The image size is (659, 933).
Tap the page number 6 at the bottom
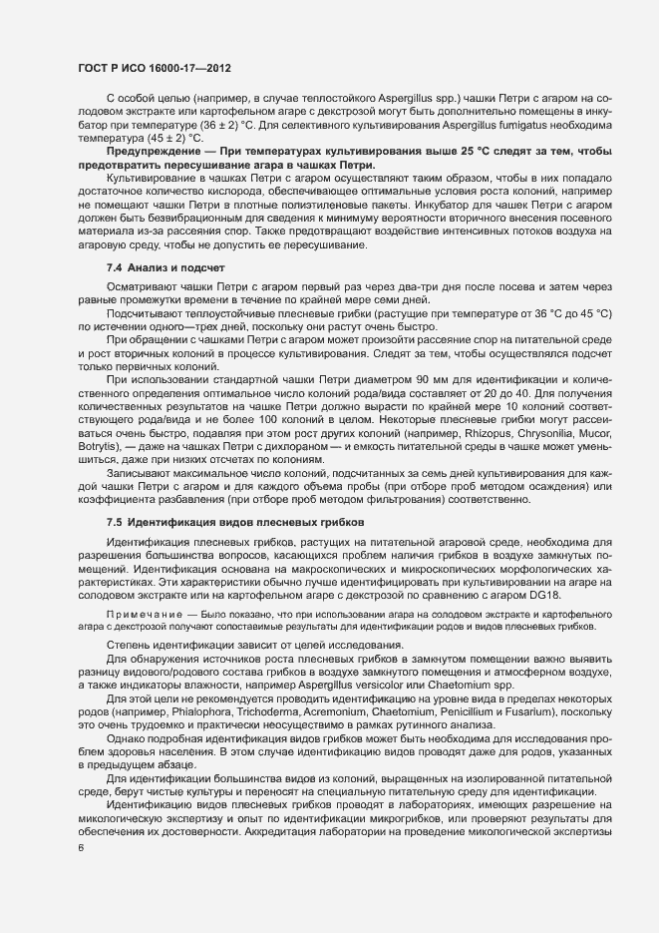[81, 847]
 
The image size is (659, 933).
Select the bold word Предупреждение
[148, 151]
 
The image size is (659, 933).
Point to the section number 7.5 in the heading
[114, 521]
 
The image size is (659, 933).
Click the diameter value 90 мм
[392, 379]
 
